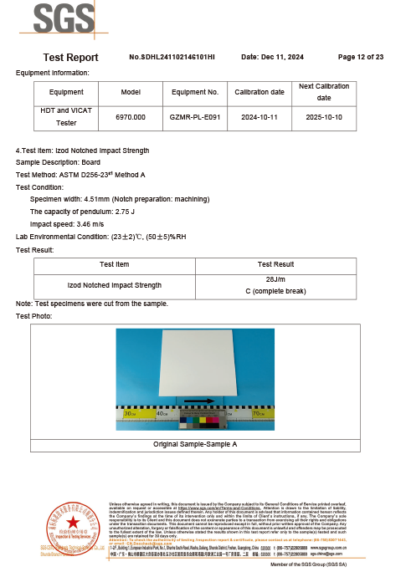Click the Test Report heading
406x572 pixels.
(70, 58)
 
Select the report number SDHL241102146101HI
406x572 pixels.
(172, 57)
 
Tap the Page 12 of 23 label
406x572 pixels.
(360, 57)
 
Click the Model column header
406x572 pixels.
(131, 92)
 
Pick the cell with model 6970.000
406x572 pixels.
(131, 117)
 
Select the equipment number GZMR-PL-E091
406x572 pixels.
(195, 117)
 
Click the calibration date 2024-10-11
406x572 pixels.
(259, 117)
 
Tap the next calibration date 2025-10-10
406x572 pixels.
(323, 117)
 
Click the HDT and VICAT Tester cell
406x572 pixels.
(66, 117)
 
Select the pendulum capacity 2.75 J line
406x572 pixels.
(80, 212)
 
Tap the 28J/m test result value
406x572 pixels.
(275, 279)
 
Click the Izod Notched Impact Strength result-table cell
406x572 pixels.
(114, 285)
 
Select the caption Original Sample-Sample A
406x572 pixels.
(195, 444)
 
